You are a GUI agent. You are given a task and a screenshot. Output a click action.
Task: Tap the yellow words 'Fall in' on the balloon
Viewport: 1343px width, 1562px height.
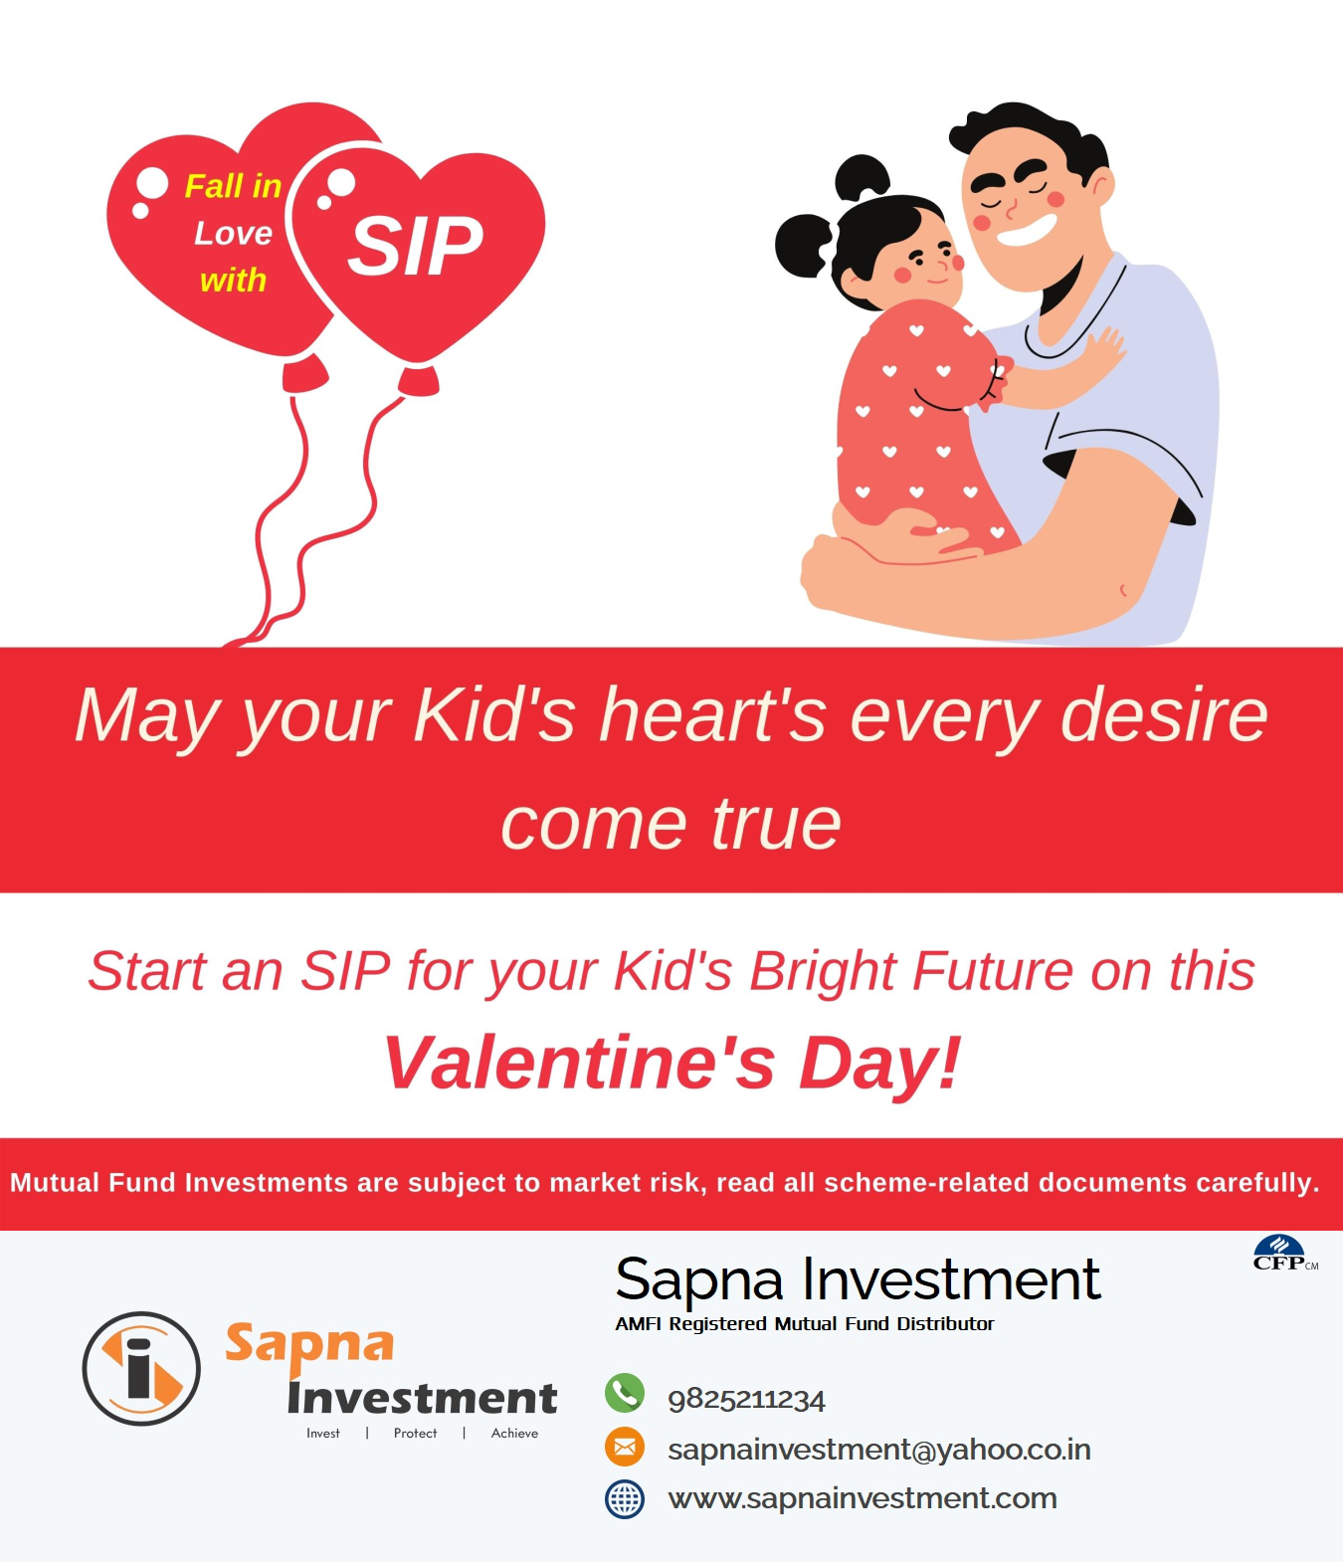tap(233, 186)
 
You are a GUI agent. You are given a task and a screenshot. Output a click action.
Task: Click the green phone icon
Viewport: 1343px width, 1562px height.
tap(625, 1393)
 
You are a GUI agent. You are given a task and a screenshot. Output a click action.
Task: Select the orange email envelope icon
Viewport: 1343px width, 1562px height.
tap(625, 1448)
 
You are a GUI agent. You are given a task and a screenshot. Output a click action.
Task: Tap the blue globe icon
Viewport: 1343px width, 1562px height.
tap(625, 1498)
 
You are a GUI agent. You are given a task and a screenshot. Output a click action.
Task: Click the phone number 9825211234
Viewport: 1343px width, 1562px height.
tap(746, 1400)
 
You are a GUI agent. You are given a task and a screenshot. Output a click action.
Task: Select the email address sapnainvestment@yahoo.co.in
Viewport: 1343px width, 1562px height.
tap(879, 1450)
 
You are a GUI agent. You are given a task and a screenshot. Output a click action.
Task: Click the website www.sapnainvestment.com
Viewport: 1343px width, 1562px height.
tap(863, 1497)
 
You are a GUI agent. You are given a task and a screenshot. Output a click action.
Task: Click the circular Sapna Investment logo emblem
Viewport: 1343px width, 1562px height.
tap(141, 1369)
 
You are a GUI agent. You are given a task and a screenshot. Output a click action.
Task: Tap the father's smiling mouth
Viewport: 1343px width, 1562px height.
tap(1026, 230)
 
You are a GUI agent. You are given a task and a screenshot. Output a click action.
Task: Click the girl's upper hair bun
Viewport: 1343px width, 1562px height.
tap(862, 177)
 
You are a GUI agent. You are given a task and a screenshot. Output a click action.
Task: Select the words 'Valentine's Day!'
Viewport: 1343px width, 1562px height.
tap(671, 1063)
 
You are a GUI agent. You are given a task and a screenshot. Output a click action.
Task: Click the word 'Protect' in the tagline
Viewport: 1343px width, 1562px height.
tap(415, 1433)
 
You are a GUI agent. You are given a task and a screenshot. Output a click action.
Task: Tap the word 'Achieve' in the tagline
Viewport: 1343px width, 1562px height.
tap(514, 1433)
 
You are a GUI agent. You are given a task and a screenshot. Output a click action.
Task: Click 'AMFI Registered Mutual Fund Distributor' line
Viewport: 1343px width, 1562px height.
tap(804, 1323)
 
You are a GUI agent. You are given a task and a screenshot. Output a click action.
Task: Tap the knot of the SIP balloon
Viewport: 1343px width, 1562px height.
tap(419, 380)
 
